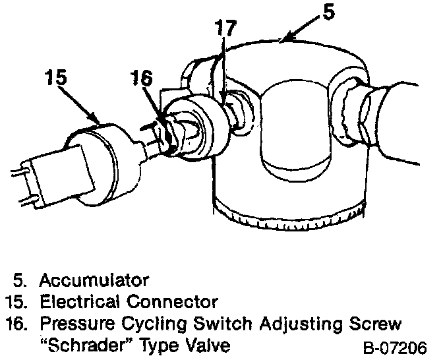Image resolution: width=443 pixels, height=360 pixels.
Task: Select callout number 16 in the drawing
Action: point(141,78)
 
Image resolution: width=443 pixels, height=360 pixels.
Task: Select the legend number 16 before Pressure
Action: point(16,324)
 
